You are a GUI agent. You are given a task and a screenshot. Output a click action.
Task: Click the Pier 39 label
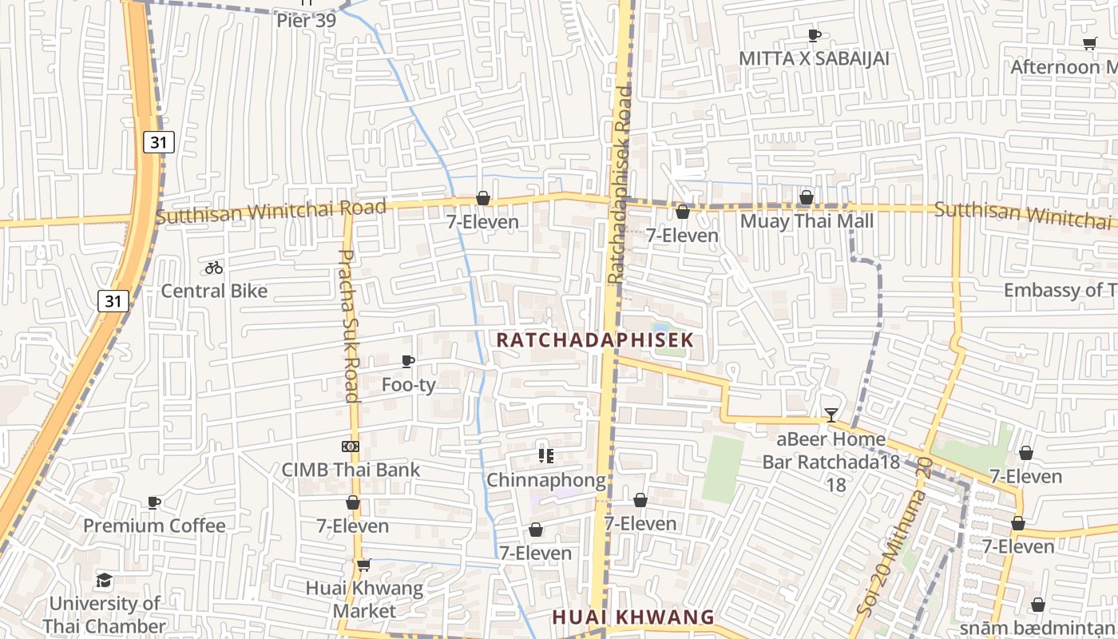pyautogui.click(x=306, y=21)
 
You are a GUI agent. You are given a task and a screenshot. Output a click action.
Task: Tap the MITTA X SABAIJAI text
pyautogui.click(x=814, y=58)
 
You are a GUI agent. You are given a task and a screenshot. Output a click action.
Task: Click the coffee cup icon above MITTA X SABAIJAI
pyautogui.click(x=814, y=35)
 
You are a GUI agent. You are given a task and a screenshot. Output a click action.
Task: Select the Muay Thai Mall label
pyautogui.click(x=807, y=220)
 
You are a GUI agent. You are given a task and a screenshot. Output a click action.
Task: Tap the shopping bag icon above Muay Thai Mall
pyautogui.click(x=807, y=197)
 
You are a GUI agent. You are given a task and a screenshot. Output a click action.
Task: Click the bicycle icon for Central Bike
pyautogui.click(x=214, y=268)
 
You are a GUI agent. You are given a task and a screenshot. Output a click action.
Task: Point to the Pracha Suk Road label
pyautogui.click(x=350, y=325)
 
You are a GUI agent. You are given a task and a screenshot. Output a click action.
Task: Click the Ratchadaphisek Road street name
pyautogui.click(x=619, y=185)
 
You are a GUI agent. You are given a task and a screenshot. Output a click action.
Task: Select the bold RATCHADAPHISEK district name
pyautogui.click(x=595, y=340)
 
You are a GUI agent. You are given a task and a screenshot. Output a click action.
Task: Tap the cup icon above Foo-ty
pyautogui.click(x=408, y=361)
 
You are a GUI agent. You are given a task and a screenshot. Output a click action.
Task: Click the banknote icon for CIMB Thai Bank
pyautogui.click(x=351, y=446)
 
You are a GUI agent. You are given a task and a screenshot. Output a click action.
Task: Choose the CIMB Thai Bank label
pyautogui.click(x=351, y=470)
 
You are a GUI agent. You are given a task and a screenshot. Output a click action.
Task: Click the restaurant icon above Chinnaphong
pyautogui.click(x=546, y=456)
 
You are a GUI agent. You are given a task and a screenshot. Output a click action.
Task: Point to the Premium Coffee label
pyautogui.click(x=154, y=526)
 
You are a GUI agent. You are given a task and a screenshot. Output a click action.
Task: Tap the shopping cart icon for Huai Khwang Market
pyautogui.click(x=364, y=565)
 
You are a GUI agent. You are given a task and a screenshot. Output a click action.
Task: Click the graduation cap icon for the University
pyautogui.click(x=104, y=580)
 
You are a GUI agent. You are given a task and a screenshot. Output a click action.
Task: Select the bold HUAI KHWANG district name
pyautogui.click(x=633, y=617)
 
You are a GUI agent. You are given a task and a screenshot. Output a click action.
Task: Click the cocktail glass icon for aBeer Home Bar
pyautogui.click(x=831, y=415)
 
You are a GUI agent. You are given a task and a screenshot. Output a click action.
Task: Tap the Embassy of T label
pyautogui.click(x=1060, y=290)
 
